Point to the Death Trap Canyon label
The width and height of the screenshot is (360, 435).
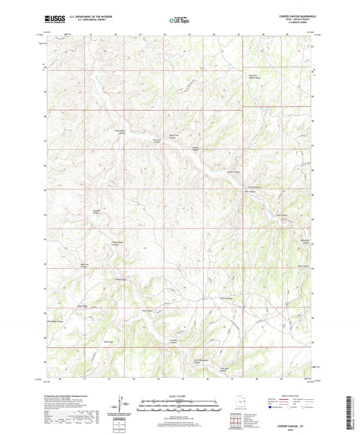(155, 137)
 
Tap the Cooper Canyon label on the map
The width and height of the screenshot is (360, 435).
(233, 172)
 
